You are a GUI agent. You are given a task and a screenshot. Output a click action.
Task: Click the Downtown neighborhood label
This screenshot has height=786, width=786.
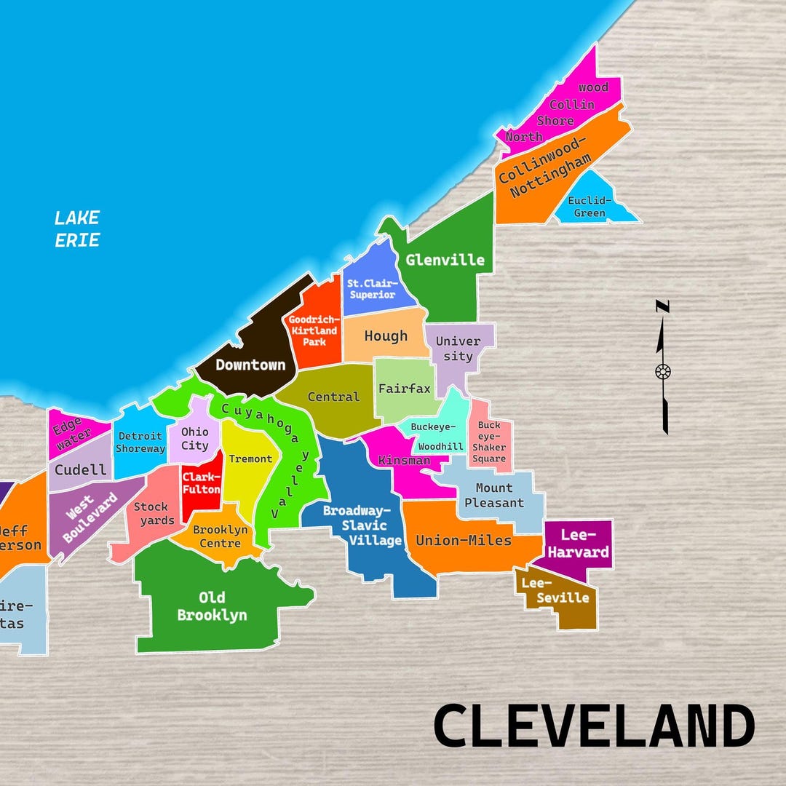(250, 365)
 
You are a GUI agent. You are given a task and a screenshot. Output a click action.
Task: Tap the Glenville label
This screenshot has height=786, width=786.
(445, 260)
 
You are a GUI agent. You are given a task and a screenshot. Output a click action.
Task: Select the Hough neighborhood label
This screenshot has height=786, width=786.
(386, 336)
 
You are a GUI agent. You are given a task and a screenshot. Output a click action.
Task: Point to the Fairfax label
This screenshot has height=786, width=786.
(405, 389)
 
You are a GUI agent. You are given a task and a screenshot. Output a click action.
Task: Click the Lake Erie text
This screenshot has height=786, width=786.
(77, 229)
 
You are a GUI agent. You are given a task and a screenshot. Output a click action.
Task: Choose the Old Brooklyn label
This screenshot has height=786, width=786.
(212, 606)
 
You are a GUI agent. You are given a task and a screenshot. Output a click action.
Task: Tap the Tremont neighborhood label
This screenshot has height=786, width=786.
(250, 458)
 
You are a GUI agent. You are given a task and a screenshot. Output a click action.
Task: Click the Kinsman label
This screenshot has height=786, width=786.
(405, 460)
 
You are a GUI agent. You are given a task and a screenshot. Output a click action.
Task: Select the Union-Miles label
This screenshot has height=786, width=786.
(464, 540)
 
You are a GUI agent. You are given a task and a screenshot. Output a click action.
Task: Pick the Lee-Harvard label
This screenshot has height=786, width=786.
(579, 544)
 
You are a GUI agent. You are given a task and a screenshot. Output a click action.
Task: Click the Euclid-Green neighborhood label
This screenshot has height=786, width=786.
(589, 207)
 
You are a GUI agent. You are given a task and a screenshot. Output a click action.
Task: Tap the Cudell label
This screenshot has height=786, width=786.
(81, 469)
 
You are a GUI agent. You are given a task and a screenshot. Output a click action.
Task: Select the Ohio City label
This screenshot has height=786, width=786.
(195, 439)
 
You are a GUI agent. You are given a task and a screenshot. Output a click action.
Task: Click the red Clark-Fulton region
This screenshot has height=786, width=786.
(202, 484)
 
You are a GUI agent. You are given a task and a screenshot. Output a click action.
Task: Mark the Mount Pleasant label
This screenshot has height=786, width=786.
(494, 495)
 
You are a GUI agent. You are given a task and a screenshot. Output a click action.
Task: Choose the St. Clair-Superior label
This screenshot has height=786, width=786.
(371, 288)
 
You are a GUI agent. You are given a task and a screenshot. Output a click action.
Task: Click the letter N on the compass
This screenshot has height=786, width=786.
(663, 306)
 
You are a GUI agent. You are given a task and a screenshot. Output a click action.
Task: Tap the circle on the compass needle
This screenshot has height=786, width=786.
(663, 371)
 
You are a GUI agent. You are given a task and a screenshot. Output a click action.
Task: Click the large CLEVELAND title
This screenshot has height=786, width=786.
(594, 726)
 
